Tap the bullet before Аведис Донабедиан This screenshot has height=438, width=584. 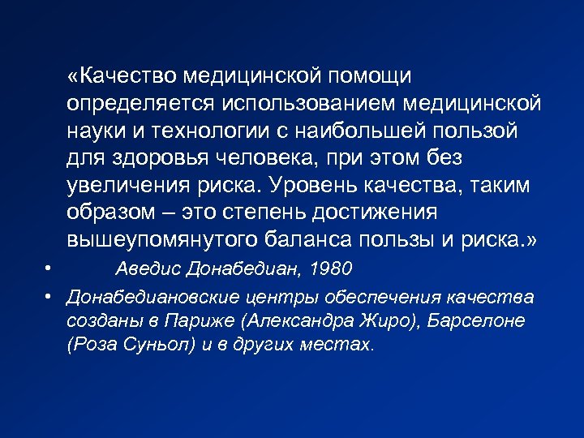pyautogui.click(x=49, y=268)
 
